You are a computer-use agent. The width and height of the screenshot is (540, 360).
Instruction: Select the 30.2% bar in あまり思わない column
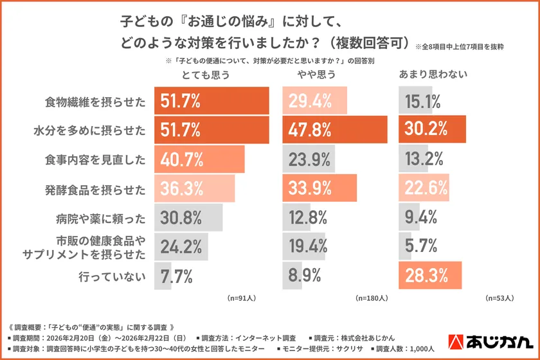click(426, 129)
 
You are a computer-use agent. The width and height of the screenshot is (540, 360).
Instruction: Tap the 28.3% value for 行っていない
click(426, 276)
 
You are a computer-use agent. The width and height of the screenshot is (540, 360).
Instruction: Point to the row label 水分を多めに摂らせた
click(89, 130)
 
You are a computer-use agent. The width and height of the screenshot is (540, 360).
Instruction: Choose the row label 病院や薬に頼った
click(96, 218)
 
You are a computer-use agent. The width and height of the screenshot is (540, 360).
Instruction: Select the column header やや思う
click(316, 75)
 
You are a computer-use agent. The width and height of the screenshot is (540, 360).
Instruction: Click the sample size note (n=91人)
click(242, 298)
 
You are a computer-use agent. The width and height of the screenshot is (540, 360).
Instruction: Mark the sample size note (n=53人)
click(499, 298)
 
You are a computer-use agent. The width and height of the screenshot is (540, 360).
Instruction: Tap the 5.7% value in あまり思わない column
click(422, 247)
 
